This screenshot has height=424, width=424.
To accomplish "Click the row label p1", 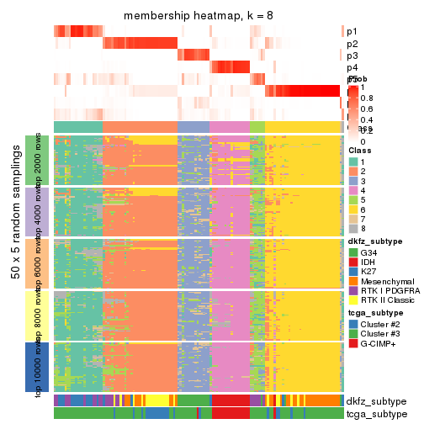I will click(x=352, y=32).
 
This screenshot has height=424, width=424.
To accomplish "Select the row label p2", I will click(x=352, y=44).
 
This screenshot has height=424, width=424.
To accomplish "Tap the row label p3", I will click(x=352, y=56).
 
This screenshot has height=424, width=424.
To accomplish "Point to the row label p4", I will click(x=352, y=67).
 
